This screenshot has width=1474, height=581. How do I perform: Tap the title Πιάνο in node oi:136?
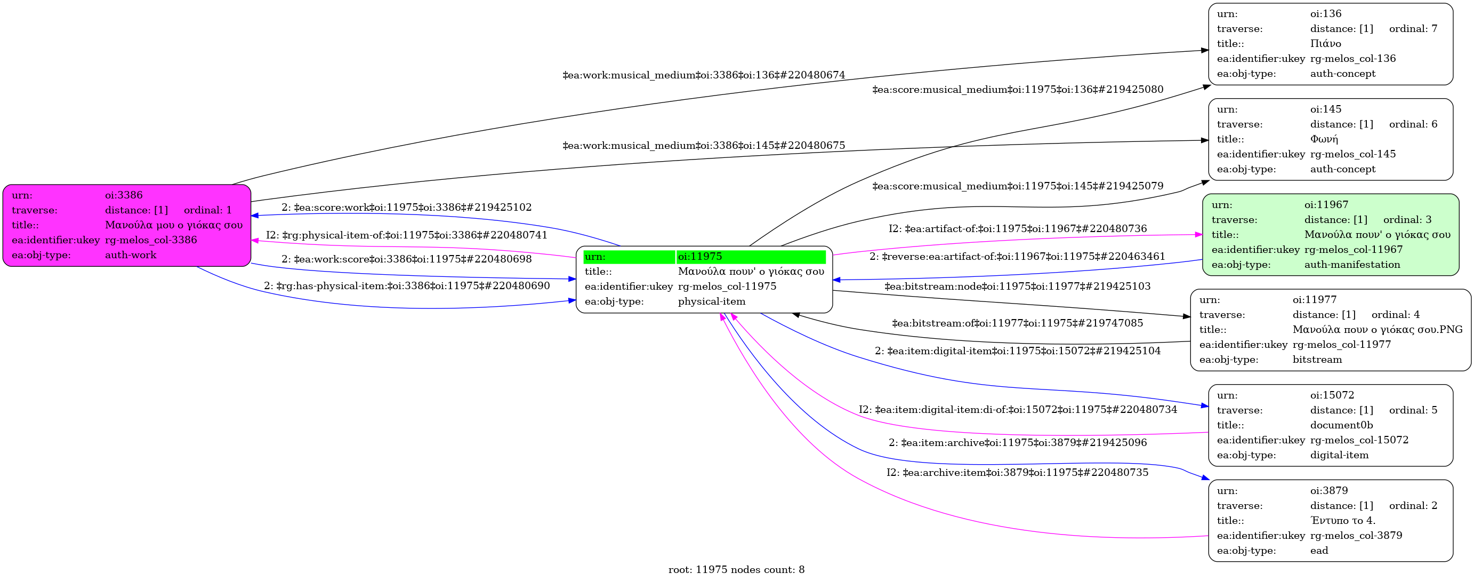pyautogui.click(x=1325, y=44)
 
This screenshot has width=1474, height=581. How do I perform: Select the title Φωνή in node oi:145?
pyautogui.click(x=1324, y=139)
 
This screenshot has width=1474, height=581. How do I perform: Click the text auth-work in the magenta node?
pyautogui.click(x=131, y=254)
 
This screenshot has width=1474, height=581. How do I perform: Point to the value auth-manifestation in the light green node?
pyautogui.click(x=1352, y=265)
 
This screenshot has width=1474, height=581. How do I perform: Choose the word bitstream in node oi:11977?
pyautogui.click(x=1317, y=360)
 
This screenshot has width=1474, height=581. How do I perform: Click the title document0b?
pyautogui.click(x=1341, y=425)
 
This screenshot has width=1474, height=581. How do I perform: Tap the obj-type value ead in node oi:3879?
pyautogui.click(x=1319, y=550)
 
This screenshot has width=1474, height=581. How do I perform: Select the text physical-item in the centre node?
pyautogui.click(x=712, y=301)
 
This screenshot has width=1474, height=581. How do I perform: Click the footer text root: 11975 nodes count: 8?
pyautogui.click(x=736, y=570)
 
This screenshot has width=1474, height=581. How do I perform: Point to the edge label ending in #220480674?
pyautogui.click(x=704, y=75)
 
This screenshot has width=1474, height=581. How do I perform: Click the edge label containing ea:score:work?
pyautogui.click(x=406, y=207)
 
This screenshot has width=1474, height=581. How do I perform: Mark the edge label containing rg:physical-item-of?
pyautogui.click(x=406, y=235)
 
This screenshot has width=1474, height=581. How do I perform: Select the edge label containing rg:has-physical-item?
pyautogui.click(x=406, y=285)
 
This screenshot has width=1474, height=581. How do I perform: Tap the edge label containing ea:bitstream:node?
pyautogui.click(x=1017, y=286)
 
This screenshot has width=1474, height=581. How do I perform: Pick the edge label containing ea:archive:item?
pyautogui.click(x=1017, y=472)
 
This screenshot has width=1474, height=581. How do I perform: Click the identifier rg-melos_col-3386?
pyautogui.click(x=151, y=240)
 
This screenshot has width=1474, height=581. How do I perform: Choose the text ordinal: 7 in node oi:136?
pyautogui.click(x=1413, y=29)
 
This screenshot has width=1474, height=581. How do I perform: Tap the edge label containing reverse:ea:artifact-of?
pyautogui.click(x=1017, y=257)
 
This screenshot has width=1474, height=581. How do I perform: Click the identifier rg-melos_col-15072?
pyautogui.click(x=1359, y=440)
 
